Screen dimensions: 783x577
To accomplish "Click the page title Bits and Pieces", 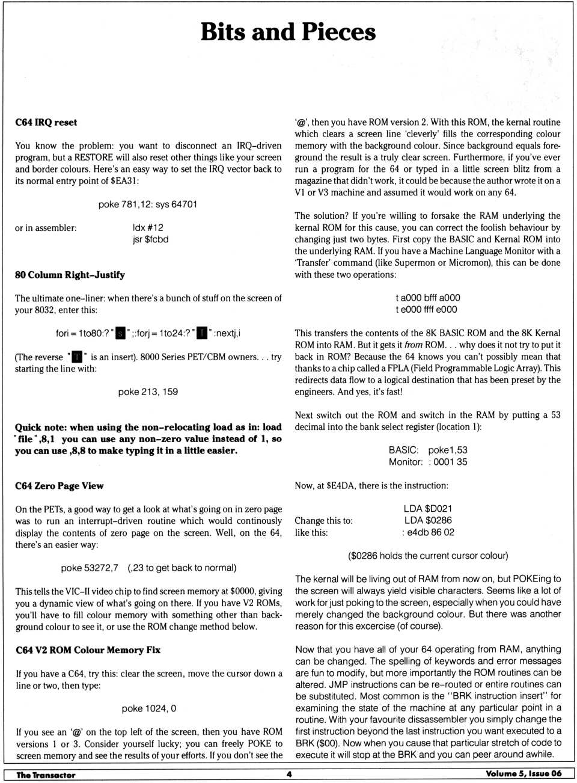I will (288, 32).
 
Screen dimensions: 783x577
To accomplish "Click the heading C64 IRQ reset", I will (46, 123).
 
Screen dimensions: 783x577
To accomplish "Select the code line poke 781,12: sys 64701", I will (148, 204).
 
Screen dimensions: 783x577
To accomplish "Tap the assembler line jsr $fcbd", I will (150, 239).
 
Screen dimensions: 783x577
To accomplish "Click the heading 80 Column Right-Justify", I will (70, 275).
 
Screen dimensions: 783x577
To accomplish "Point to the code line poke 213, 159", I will (148, 392).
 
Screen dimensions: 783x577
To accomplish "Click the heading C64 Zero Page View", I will (59, 486).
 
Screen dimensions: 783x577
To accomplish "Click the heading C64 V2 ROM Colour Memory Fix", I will (88, 650).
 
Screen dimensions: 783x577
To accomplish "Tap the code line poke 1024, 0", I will (148, 708).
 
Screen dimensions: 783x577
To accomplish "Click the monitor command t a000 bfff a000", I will (427, 298).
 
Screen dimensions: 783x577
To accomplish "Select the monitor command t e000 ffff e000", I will (426, 310).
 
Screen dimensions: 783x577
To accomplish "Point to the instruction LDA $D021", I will (428, 509).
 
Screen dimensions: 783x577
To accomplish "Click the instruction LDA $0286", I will (428, 521).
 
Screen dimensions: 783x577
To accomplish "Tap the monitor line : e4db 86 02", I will (428, 532).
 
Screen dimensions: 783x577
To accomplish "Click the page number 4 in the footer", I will (289, 774).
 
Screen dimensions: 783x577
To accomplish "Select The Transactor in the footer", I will (46, 775).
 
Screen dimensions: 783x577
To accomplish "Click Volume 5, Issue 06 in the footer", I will (524, 774).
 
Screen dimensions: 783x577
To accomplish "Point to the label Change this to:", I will (323, 521).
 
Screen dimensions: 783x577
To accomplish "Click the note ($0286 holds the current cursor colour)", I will (428, 556).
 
